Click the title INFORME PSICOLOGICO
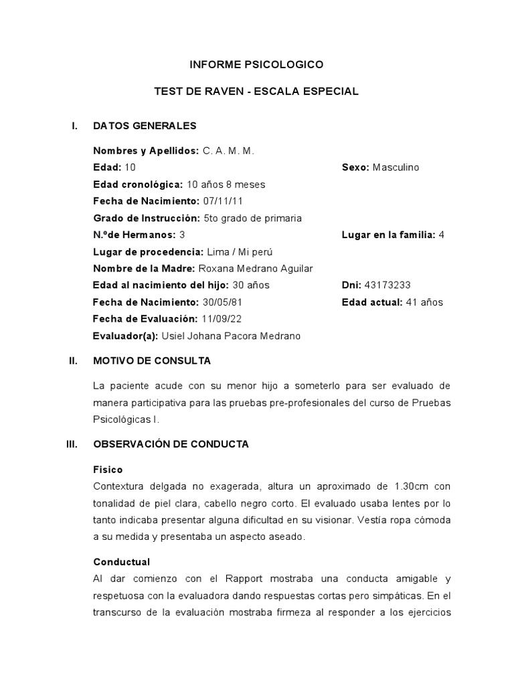257,65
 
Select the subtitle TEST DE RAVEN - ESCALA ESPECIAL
257,92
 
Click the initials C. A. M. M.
228,151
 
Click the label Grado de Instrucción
147,218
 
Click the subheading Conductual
121,562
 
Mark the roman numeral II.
74,361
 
